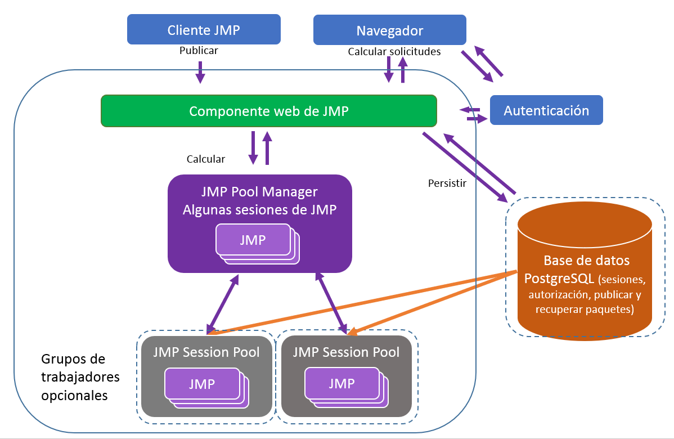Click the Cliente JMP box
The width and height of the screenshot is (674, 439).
204,30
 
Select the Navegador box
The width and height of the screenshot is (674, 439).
389,30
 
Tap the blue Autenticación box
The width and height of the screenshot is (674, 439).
546,110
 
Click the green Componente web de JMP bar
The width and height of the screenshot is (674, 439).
268,111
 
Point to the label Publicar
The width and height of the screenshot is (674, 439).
199,51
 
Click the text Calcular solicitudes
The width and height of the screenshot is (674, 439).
394,52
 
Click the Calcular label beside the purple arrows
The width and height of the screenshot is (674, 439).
206,159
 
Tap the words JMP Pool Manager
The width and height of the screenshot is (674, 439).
259,192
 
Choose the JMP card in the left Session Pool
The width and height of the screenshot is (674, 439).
201,384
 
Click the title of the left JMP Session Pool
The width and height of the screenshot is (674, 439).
206,352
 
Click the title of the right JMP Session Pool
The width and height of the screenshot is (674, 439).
347,352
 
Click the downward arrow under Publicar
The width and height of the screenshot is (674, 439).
200,72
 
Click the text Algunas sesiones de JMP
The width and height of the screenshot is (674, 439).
259,210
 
